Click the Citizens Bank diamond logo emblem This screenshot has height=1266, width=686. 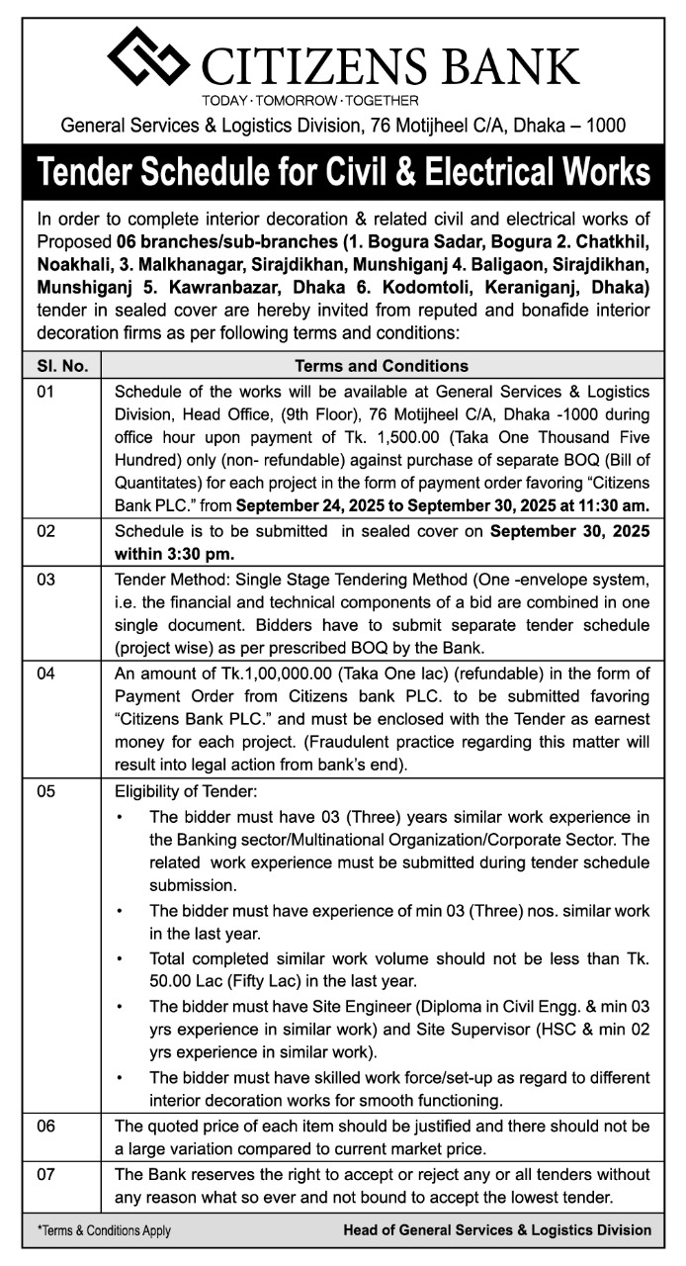[x=148, y=57]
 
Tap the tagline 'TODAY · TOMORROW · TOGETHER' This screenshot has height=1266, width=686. [x=309, y=100]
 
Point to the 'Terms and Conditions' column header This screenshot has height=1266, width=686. [x=382, y=366]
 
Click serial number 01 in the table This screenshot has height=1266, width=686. [x=47, y=392]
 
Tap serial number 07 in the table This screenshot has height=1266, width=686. [x=47, y=1175]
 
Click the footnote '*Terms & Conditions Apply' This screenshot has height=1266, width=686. [x=104, y=1230]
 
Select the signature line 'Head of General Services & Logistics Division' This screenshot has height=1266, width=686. [x=497, y=1230]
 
